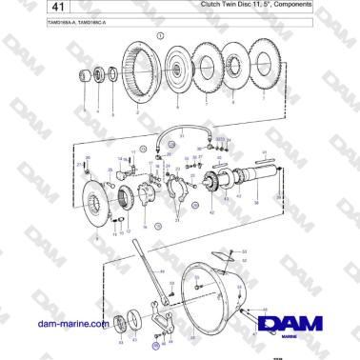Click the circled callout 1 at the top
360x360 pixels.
click(160, 34)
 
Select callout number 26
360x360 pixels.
click(89, 157)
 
